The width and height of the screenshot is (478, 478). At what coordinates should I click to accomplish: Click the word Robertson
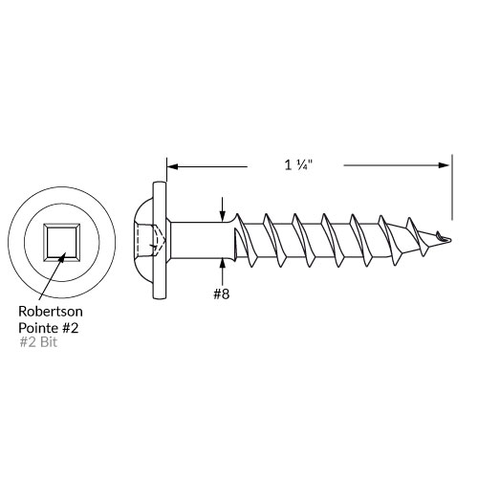click(51, 312)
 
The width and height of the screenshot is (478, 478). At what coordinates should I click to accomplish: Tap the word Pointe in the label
click(34, 328)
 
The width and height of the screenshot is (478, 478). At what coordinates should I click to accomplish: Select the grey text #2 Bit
click(38, 342)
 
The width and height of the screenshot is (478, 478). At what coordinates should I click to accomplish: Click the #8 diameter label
click(222, 293)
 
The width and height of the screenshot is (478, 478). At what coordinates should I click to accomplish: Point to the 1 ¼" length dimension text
click(298, 165)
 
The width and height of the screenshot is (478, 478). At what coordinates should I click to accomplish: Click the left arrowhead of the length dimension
click(172, 166)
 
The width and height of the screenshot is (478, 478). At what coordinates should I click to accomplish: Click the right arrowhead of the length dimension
click(444, 165)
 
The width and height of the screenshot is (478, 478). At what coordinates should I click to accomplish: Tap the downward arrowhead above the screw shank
click(223, 216)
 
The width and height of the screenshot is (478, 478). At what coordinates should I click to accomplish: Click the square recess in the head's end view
click(62, 240)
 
